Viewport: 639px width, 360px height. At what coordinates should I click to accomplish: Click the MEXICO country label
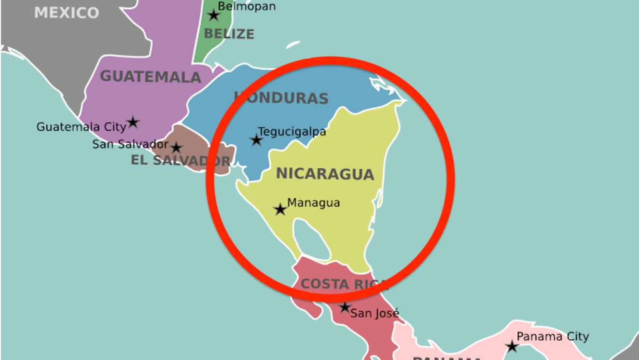67,13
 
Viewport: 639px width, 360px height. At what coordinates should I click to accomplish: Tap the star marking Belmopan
213,15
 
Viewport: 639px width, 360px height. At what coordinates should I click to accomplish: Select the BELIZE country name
229,34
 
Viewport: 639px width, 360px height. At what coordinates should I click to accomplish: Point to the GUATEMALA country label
150,77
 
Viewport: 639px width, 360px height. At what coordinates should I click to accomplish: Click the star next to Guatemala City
133,122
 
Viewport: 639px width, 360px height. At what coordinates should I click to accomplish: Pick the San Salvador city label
130,144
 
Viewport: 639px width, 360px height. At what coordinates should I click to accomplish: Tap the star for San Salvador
177,148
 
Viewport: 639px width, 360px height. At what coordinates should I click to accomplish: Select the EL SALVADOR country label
180,161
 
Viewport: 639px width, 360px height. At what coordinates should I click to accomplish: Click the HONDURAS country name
281,98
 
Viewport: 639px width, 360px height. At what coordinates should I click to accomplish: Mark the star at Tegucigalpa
256,140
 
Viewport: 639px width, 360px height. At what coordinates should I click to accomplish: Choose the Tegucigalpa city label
292,131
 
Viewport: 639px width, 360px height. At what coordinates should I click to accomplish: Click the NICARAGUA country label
325,174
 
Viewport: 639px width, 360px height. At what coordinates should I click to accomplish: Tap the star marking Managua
280,209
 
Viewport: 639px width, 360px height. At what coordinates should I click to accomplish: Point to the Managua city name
314,203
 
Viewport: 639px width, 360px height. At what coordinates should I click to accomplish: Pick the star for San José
344,307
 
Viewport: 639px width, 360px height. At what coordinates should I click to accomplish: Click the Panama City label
553,336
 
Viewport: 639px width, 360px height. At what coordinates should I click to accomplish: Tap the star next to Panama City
512,346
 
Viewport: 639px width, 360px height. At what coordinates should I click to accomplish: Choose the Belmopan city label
247,6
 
